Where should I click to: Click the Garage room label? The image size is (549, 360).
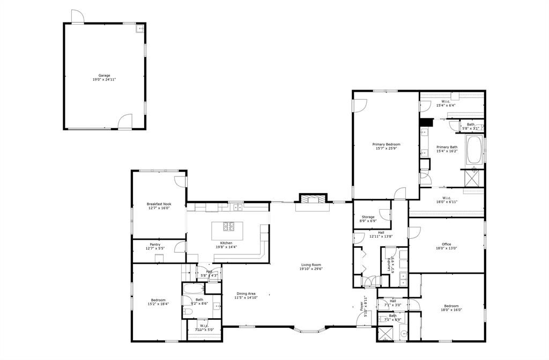point(104,75)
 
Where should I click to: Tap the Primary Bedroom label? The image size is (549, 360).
point(387,144)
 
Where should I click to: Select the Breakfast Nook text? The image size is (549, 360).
point(159,203)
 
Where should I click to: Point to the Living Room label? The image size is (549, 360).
point(310,265)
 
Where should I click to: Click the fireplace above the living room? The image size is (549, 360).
point(311,200)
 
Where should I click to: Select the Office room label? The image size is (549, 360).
point(446,244)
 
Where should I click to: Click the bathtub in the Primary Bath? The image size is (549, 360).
point(474,151)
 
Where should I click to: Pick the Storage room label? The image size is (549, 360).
point(368,217)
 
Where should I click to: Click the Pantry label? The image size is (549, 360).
point(155,244)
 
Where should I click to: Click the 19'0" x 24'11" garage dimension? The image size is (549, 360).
point(104,79)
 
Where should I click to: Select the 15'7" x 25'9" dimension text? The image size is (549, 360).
point(387,148)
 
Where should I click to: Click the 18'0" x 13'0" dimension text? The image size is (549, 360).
point(446,248)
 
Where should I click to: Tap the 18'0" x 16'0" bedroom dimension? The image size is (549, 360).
point(451,310)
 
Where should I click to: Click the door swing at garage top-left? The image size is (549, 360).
point(78,16)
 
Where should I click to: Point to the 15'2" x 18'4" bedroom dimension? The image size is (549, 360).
point(158,304)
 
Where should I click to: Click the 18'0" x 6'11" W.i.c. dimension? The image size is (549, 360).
point(446,202)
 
